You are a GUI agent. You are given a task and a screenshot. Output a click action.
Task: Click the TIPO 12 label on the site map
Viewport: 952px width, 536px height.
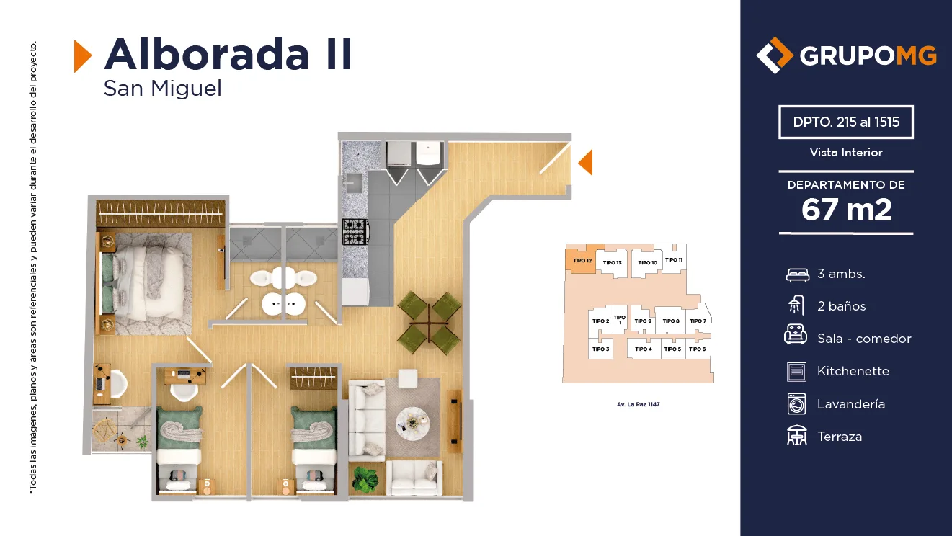(x=582, y=260)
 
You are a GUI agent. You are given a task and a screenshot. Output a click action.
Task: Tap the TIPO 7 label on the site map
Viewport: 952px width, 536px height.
(x=698, y=321)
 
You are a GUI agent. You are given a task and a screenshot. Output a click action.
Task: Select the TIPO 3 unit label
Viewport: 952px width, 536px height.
(x=601, y=349)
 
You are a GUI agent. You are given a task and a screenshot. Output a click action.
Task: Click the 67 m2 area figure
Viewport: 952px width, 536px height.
(x=846, y=210)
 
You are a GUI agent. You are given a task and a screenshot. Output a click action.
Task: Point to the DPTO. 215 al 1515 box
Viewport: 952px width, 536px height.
(x=846, y=122)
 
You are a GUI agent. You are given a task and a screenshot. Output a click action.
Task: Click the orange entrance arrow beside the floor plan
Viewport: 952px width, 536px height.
(x=585, y=162)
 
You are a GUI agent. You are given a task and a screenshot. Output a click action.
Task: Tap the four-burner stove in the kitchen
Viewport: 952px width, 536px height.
(x=355, y=232)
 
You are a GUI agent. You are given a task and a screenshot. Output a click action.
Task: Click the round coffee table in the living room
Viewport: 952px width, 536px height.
(x=413, y=423)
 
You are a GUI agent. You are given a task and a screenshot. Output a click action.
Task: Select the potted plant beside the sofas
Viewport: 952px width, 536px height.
(x=365, y=479)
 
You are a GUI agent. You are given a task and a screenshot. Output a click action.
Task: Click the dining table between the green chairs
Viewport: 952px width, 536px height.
(x=430, y=323)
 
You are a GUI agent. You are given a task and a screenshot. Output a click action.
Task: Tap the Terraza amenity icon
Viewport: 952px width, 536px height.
(x=796, y=436)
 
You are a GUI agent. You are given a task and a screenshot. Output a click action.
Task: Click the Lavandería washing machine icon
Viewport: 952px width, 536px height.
(x=796, y=403)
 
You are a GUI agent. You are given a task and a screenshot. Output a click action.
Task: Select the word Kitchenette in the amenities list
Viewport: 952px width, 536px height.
(x=853, y=371)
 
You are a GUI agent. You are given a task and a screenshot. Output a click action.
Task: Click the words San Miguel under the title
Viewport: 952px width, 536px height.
(x=162, y=89)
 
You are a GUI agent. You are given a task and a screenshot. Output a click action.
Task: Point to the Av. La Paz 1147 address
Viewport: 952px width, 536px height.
(x=638, y=404)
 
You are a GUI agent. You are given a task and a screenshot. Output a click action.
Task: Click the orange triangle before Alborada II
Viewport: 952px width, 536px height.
(x=82, y=56)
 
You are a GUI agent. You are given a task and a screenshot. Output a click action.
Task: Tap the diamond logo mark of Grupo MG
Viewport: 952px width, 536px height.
(x=774, y=55)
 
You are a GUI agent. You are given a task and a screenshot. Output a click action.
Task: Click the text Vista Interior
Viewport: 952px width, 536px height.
(x=846, y=153)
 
